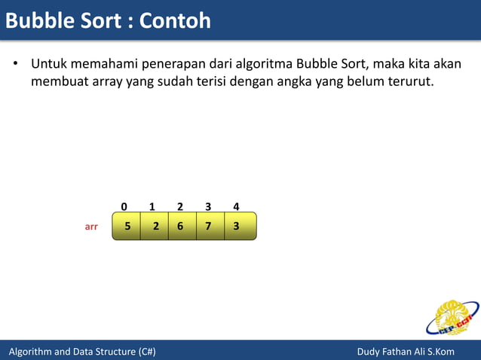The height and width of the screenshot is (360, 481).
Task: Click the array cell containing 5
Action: click(x=127, y=226)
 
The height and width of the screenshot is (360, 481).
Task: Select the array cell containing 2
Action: click(x=155, y=226)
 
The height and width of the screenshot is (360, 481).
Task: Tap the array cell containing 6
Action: click(x=182, y=226)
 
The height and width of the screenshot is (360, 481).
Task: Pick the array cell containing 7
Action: click(x=210, y=226)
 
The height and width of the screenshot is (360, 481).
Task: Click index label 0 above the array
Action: click(x=124, y=206)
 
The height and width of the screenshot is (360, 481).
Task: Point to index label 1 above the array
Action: click(x=152, y=206)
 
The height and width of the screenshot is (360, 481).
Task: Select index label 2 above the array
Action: click(x=180, y=206)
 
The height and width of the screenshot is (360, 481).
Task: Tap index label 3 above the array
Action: click(x=208, y=206)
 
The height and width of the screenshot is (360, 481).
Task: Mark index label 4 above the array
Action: click(x=236, y=206)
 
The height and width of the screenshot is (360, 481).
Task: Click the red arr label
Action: click(x=91, y=226)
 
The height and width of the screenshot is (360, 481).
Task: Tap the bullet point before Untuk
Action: click(x=14, y=63)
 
